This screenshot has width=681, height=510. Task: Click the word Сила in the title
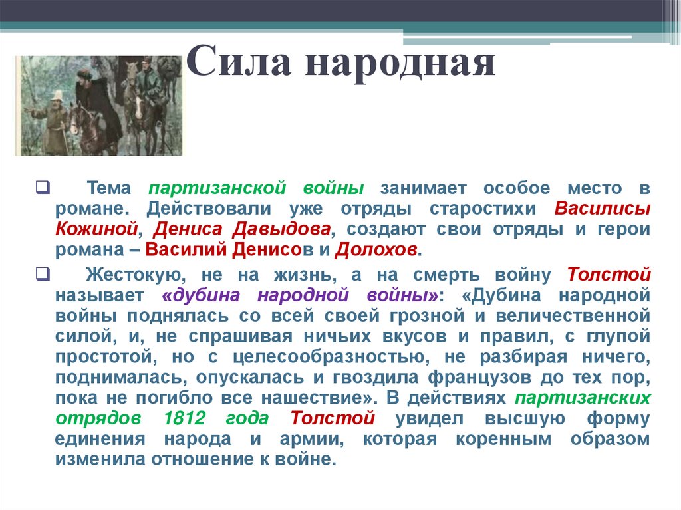[239, 61]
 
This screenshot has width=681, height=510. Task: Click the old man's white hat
[57, 95]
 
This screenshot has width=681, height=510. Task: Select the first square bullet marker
[43, 188]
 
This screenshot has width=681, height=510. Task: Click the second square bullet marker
[43, 275]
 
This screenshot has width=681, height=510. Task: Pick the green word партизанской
[217, 189]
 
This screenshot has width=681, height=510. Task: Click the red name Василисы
[603, 209]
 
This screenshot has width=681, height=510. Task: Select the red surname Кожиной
[96, 229]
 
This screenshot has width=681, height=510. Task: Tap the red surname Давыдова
[281, 229]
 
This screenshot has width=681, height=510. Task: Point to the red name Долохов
[376, 250]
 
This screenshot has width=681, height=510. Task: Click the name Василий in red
[186, 250]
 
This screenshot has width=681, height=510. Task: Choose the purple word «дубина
[201, 296]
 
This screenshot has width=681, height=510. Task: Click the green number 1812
[185, 418]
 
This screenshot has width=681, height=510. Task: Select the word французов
[479, 378]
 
